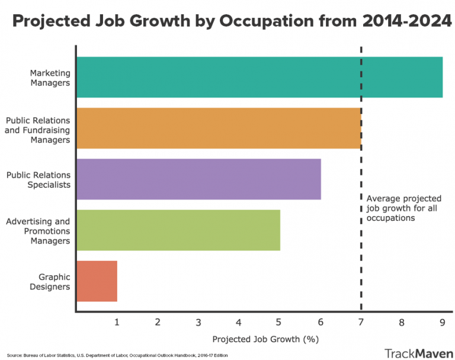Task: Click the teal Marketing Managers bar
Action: pyautogui.click(x=259, y=77)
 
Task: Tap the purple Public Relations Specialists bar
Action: pyautogui.click(x=198, y=179)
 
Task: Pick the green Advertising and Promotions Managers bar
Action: pyautogui.click(x=178, y=230)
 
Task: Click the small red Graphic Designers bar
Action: pyautogui.click(x=97, y=281)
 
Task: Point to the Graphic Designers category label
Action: pyautogui.click(x=54, y=282)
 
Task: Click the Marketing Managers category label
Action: pyautogui.click(x=50, y=78)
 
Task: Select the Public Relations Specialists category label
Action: pyautogui.click(x=39, y=179)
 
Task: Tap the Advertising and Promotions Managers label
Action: pyautogui.click(x=38, y=231)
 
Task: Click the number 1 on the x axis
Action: pyautogui.click(x=117, y=322)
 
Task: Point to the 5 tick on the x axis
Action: pyautogui.click(x=279, y=322)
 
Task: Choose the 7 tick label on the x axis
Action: pyautogui.click(x=361, y=322)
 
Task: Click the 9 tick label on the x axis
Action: pyautogui.click(x=442, y=322)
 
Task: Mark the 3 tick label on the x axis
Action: pyautogui.click(x=198, y=322)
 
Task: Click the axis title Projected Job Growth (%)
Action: pyautogui.click(x=265, y=339)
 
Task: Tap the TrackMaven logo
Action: pyautogui.click(x=415, y=353)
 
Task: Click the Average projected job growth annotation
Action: pyautogui.click(x=403, y=208)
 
